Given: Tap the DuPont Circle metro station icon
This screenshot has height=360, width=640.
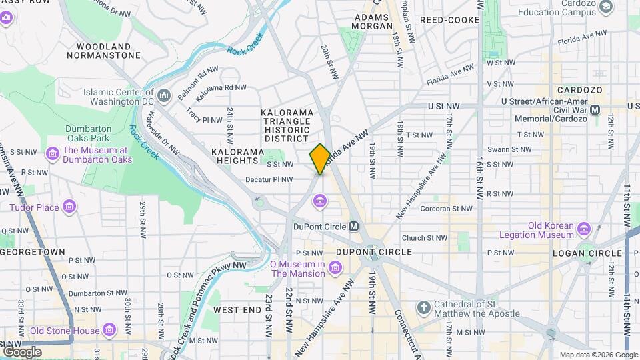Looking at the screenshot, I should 354,226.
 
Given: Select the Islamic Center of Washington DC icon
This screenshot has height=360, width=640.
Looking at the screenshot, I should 164,97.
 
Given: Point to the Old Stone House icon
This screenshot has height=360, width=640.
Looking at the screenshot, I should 109,330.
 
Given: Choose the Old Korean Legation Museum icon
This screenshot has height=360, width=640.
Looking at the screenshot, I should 584,229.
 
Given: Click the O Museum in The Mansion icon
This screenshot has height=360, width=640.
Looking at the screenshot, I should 335,268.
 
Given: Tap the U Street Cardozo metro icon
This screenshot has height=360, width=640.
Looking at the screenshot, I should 596,109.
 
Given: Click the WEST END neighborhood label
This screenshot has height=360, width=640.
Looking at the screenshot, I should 237,310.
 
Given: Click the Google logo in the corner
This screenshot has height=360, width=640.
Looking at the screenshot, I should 22,351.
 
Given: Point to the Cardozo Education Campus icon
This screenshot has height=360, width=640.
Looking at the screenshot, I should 606,7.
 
